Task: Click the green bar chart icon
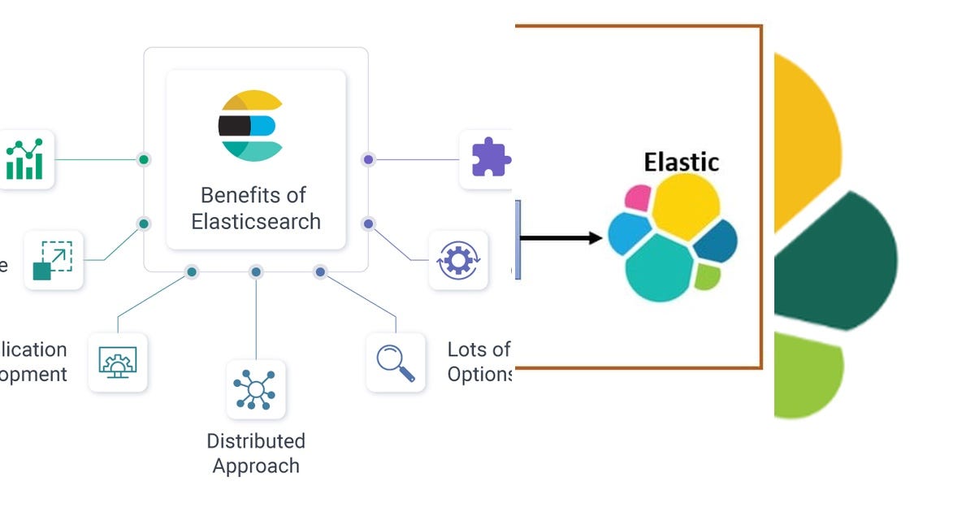point(24,159)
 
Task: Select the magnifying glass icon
point(396,362)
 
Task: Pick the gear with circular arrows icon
point(458,260)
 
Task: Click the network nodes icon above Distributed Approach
point(256,389)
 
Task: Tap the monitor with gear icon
point(118,362)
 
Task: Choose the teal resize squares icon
point(53,260)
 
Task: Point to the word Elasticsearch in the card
point(256,221)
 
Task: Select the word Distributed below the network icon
point(256,441)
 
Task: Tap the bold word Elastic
point(681,162)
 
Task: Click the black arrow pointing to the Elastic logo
point(561,238)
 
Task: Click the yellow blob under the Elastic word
point(685,206)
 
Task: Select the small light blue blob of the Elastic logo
point(629,233)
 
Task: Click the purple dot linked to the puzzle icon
point(368,159)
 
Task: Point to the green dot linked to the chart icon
point(144,159)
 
